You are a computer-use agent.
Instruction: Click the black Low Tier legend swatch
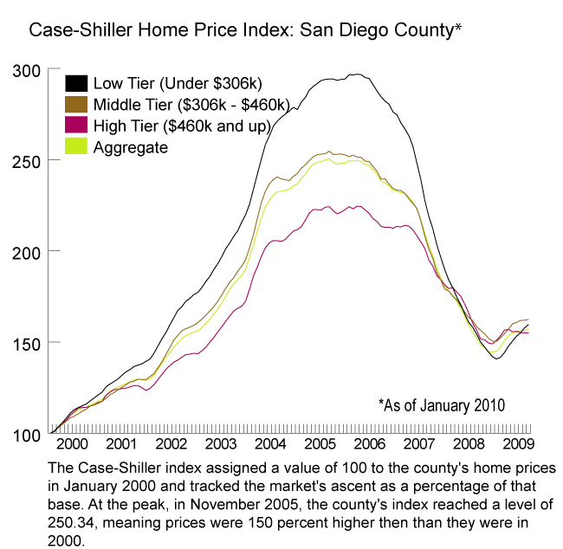pos(76,84)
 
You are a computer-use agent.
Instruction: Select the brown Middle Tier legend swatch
pos(76,106)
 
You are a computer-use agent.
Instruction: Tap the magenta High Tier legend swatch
pos(76,127)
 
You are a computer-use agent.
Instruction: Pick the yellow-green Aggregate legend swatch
pos(76,148)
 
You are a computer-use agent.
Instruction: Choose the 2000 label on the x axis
pos(72,445)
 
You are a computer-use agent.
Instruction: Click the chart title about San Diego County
pos(244,31)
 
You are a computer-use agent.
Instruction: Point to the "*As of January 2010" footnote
pos(442,404)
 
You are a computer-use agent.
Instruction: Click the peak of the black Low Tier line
pos(355,74)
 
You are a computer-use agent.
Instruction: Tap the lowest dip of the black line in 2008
pos(495,358)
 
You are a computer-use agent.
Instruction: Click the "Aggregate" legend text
pos(130,148)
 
